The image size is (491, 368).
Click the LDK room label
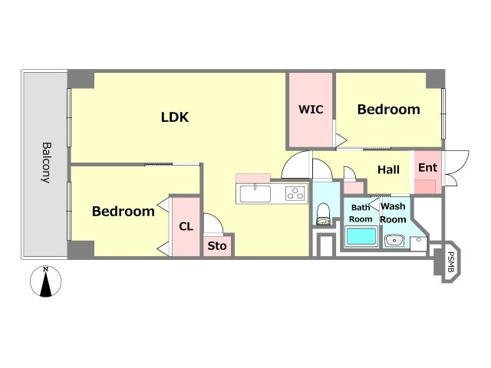point(175,117)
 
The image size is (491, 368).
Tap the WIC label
point(311,110)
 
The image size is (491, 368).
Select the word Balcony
point(46,163)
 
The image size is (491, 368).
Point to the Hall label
point(388,169)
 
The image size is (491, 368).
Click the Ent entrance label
point(427,168)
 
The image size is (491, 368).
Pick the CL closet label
point(186,227)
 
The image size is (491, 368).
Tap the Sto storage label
point(217,246)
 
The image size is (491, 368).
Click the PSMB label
point(450,262)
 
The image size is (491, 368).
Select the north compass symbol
point(46,281)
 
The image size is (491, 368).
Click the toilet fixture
point(324,214)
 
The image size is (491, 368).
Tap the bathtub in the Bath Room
point(361,237)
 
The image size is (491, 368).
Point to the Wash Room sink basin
point(394,241)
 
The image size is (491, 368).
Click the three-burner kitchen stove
point(295,193)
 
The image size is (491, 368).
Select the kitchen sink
point(255,194)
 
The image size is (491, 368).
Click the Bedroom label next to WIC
point(389,110)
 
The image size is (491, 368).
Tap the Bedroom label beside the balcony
point(124,212)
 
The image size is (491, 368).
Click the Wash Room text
point(393,213)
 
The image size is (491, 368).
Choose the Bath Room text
point(361,213)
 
